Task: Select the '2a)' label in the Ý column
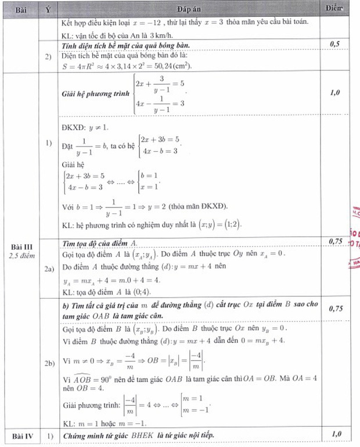(x=49, y=270)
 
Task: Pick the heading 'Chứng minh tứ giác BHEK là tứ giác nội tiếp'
(x=146, y=435)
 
